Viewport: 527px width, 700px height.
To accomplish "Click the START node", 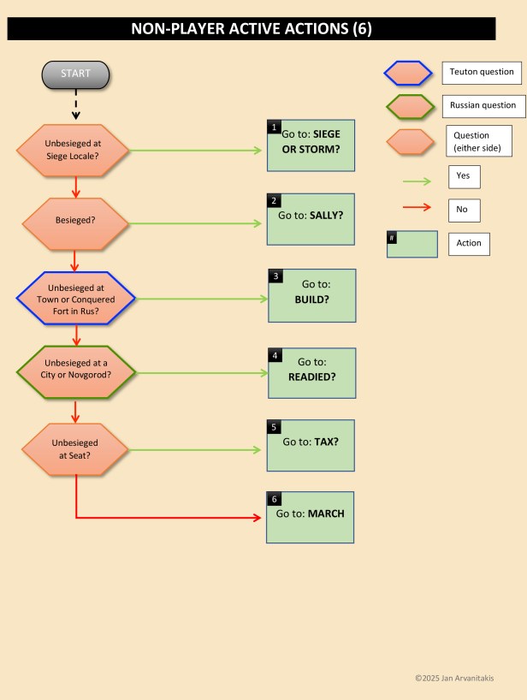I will coord(75,74).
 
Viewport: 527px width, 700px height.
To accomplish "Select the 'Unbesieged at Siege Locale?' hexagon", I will coord(75,151).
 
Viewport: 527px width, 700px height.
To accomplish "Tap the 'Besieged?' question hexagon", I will coord(75,220).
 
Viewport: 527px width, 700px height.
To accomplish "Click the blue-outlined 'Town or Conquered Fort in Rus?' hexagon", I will coord(75,300).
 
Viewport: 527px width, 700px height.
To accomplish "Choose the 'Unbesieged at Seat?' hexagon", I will coord(75,449).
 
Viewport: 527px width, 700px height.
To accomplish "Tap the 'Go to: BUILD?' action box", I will coord(312,295).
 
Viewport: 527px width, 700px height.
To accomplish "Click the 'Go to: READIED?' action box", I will coord(311,373).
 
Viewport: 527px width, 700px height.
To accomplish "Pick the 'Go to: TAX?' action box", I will coord(310,445).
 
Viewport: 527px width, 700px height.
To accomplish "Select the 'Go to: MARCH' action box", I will coord(310,517).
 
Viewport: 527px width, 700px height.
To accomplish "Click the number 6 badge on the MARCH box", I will coord(273,498).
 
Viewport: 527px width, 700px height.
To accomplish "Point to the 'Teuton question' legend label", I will coord(482,73).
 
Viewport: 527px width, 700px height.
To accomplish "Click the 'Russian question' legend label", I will coord(483,106).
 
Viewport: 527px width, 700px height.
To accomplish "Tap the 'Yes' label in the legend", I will coord(464,177).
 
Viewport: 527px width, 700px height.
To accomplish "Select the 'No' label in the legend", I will coord(464,211).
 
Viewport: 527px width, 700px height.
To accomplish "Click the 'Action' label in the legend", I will coord(469,244).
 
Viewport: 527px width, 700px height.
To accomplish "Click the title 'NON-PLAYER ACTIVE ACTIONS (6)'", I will coord(252,29).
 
